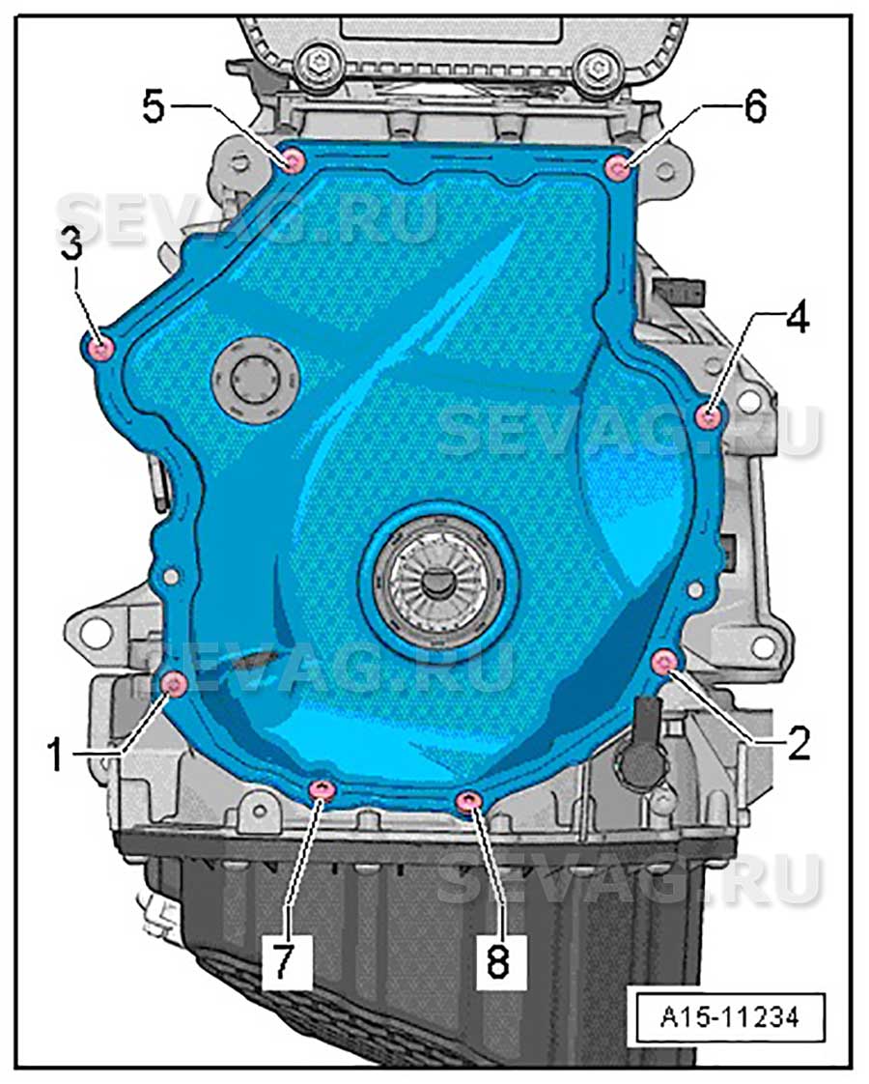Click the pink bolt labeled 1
[x=174, y=684]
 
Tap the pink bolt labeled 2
[x=664, y=662]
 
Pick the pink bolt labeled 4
[x=708, y=416]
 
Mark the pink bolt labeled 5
[x=294, y=161]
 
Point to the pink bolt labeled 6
[x=617, y=168]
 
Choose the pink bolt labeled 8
[x=469, y=801]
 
